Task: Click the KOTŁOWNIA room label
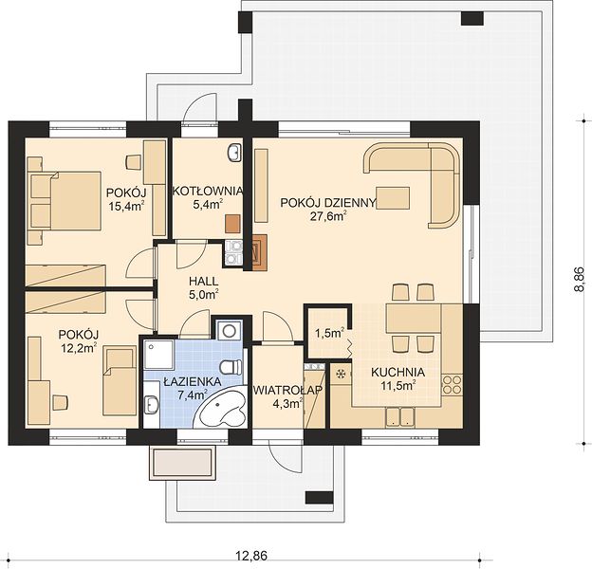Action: (x=207, y=191)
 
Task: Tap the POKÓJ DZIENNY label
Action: (x=328, y=203)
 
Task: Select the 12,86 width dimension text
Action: (x=251, y=556)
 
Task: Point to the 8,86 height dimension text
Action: (x=579, y=280)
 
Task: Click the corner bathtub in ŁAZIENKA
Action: (x=220, y=409)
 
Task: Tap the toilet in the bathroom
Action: (x=231, y=367)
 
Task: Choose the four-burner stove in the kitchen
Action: (x=452, y=384)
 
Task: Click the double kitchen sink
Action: (x=400, y=417)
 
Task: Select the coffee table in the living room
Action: (x=393, y=197)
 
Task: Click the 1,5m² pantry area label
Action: (x=329, y=333)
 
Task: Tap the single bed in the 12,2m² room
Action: (x=120, y=380)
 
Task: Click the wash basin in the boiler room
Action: (x=234, y=153)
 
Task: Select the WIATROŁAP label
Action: (x=287, y=390)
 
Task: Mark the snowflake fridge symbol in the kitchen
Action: (x=341, y=374)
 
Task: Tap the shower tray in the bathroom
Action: (x=159, y=355)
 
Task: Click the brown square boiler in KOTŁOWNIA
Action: (x=232, y=224)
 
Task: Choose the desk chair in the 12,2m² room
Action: (x=60, y=402)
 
